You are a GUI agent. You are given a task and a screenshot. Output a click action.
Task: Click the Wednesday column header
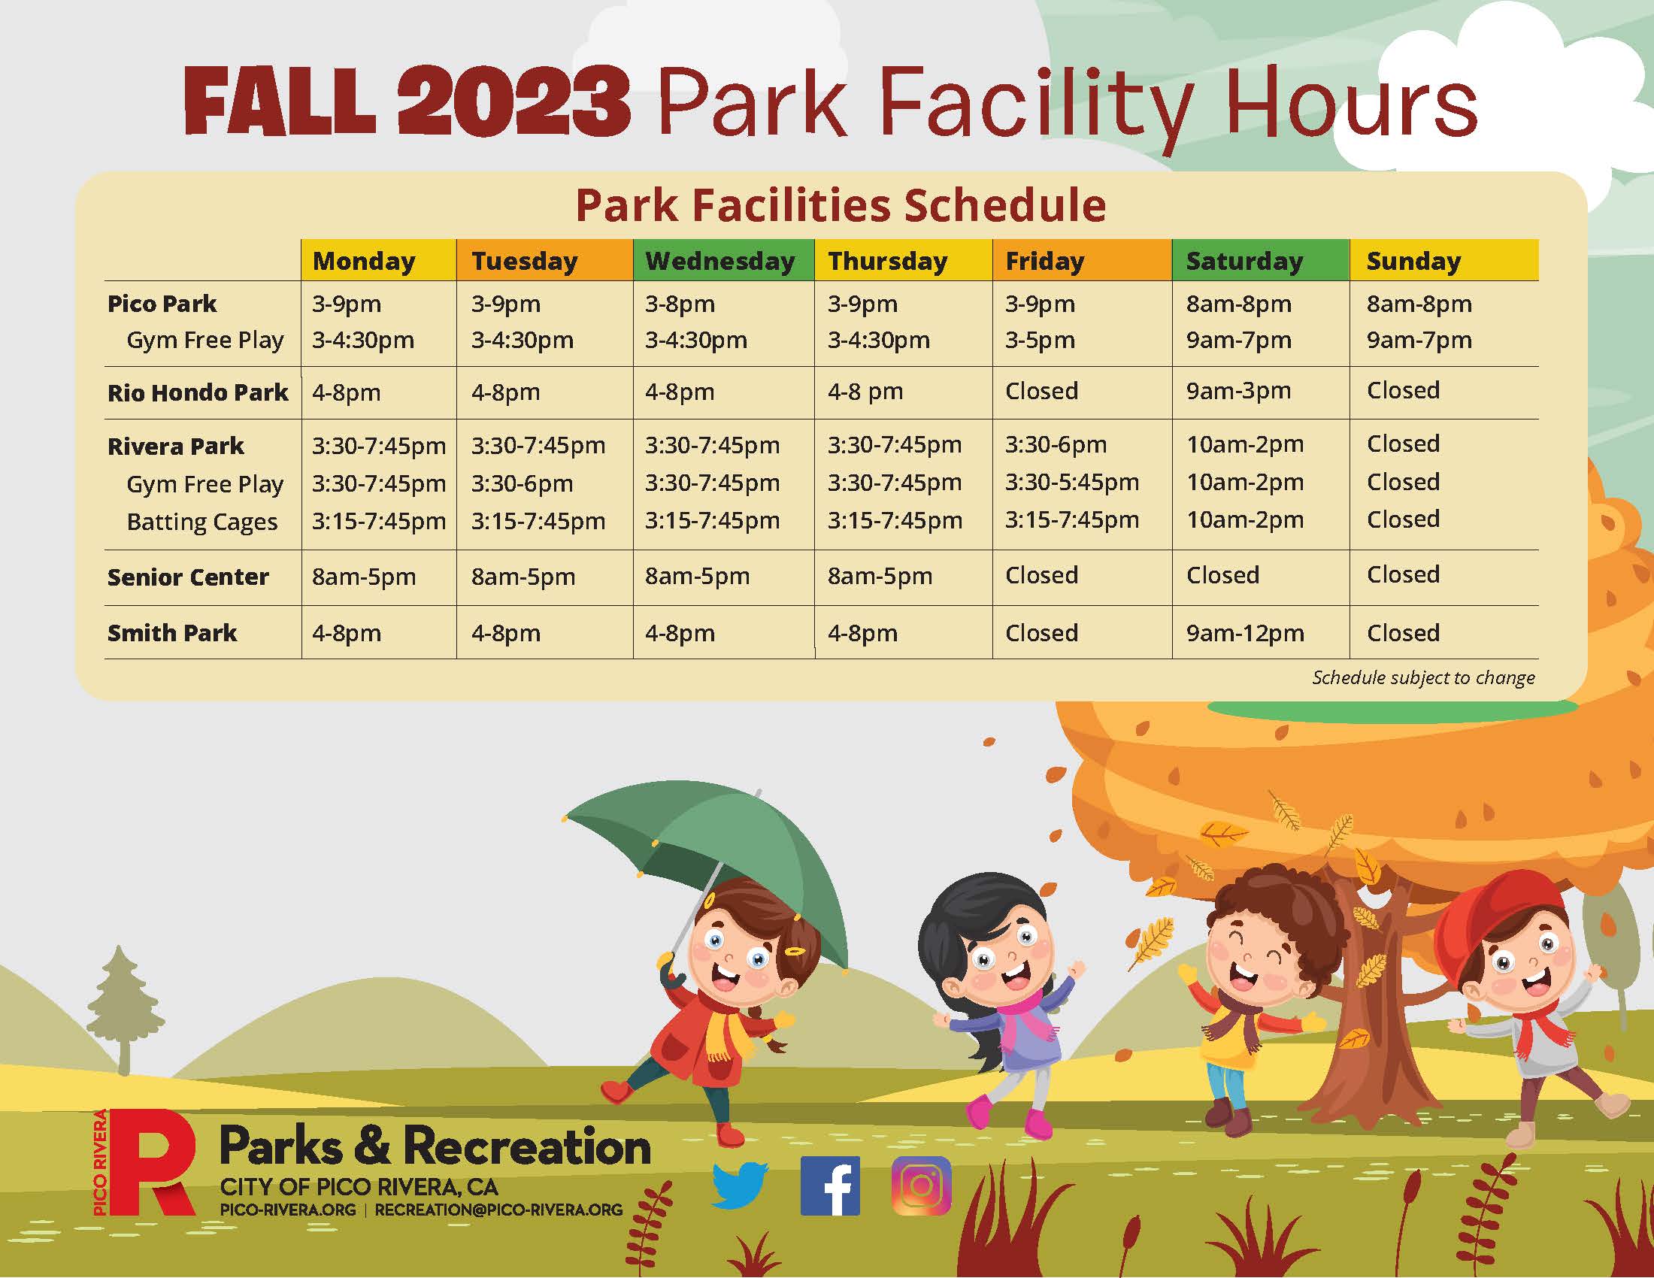(x=719, y=261)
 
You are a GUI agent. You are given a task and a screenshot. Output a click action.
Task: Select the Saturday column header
(x=1244, y=261)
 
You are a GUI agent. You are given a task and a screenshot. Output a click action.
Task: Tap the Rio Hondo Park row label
(x=198, y=392)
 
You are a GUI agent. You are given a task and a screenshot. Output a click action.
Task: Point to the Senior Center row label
(x=188, y=577)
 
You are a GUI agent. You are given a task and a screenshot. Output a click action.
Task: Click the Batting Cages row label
(x=202, y=522)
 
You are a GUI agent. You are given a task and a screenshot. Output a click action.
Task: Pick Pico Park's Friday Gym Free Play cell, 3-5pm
(x=1040, y=340)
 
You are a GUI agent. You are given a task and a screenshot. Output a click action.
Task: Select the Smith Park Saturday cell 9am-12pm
(x=1245, y=633)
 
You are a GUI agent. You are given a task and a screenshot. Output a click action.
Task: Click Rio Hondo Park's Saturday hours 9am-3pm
(x=1238, y=391)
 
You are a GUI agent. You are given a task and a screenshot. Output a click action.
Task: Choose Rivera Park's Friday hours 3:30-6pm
(x=1056, y=444)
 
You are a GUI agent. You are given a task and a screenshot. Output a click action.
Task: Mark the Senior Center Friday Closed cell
(x=1041, y=575)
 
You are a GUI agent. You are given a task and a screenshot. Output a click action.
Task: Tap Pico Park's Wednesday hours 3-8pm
(x=680, y=304)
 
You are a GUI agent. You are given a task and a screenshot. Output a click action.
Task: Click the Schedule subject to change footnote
(x=1424, y=677)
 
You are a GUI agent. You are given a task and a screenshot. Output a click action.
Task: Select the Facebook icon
(x=830, y=1186)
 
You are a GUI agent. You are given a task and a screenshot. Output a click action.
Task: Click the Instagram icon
(x=922, y=1186)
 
